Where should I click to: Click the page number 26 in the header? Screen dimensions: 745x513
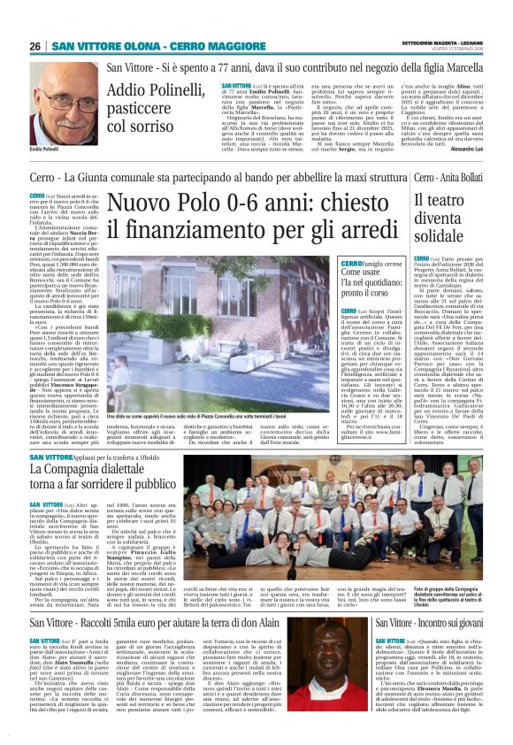[36, 46]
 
